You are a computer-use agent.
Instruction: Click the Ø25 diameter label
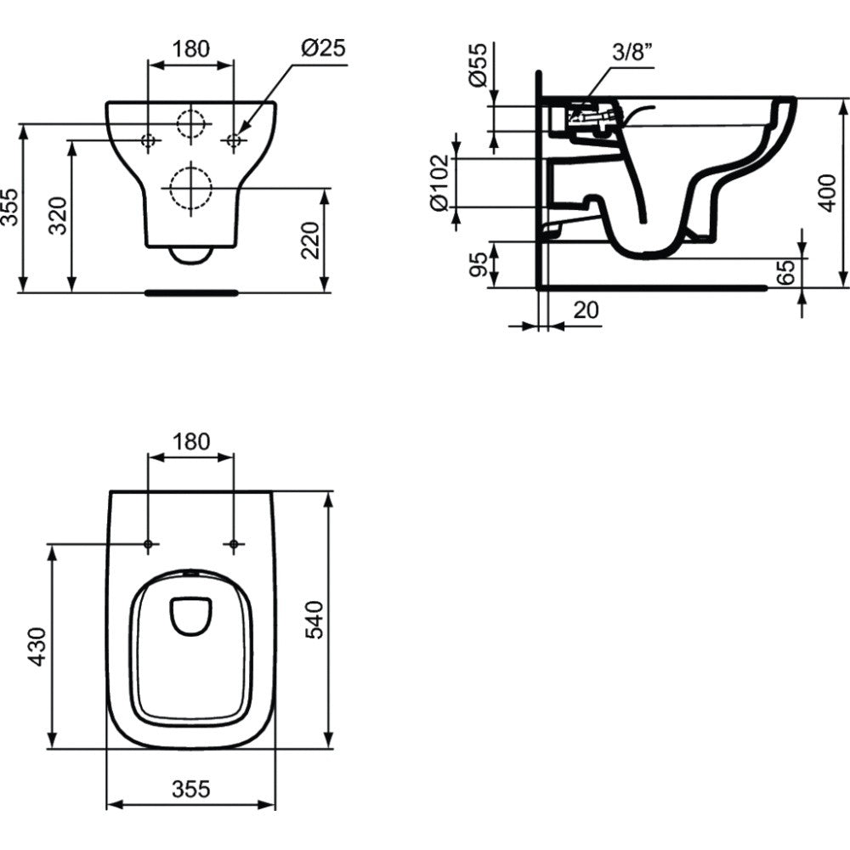pos(323,48)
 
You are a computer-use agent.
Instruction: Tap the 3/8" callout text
pos(632,53)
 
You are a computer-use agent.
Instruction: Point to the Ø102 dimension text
pos(439,184)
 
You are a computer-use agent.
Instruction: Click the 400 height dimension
pos(827,193)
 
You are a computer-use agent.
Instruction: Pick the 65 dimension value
pos(785,272)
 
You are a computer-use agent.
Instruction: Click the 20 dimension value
pos(586,310)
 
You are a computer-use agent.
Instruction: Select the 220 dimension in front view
pos(310,241)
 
